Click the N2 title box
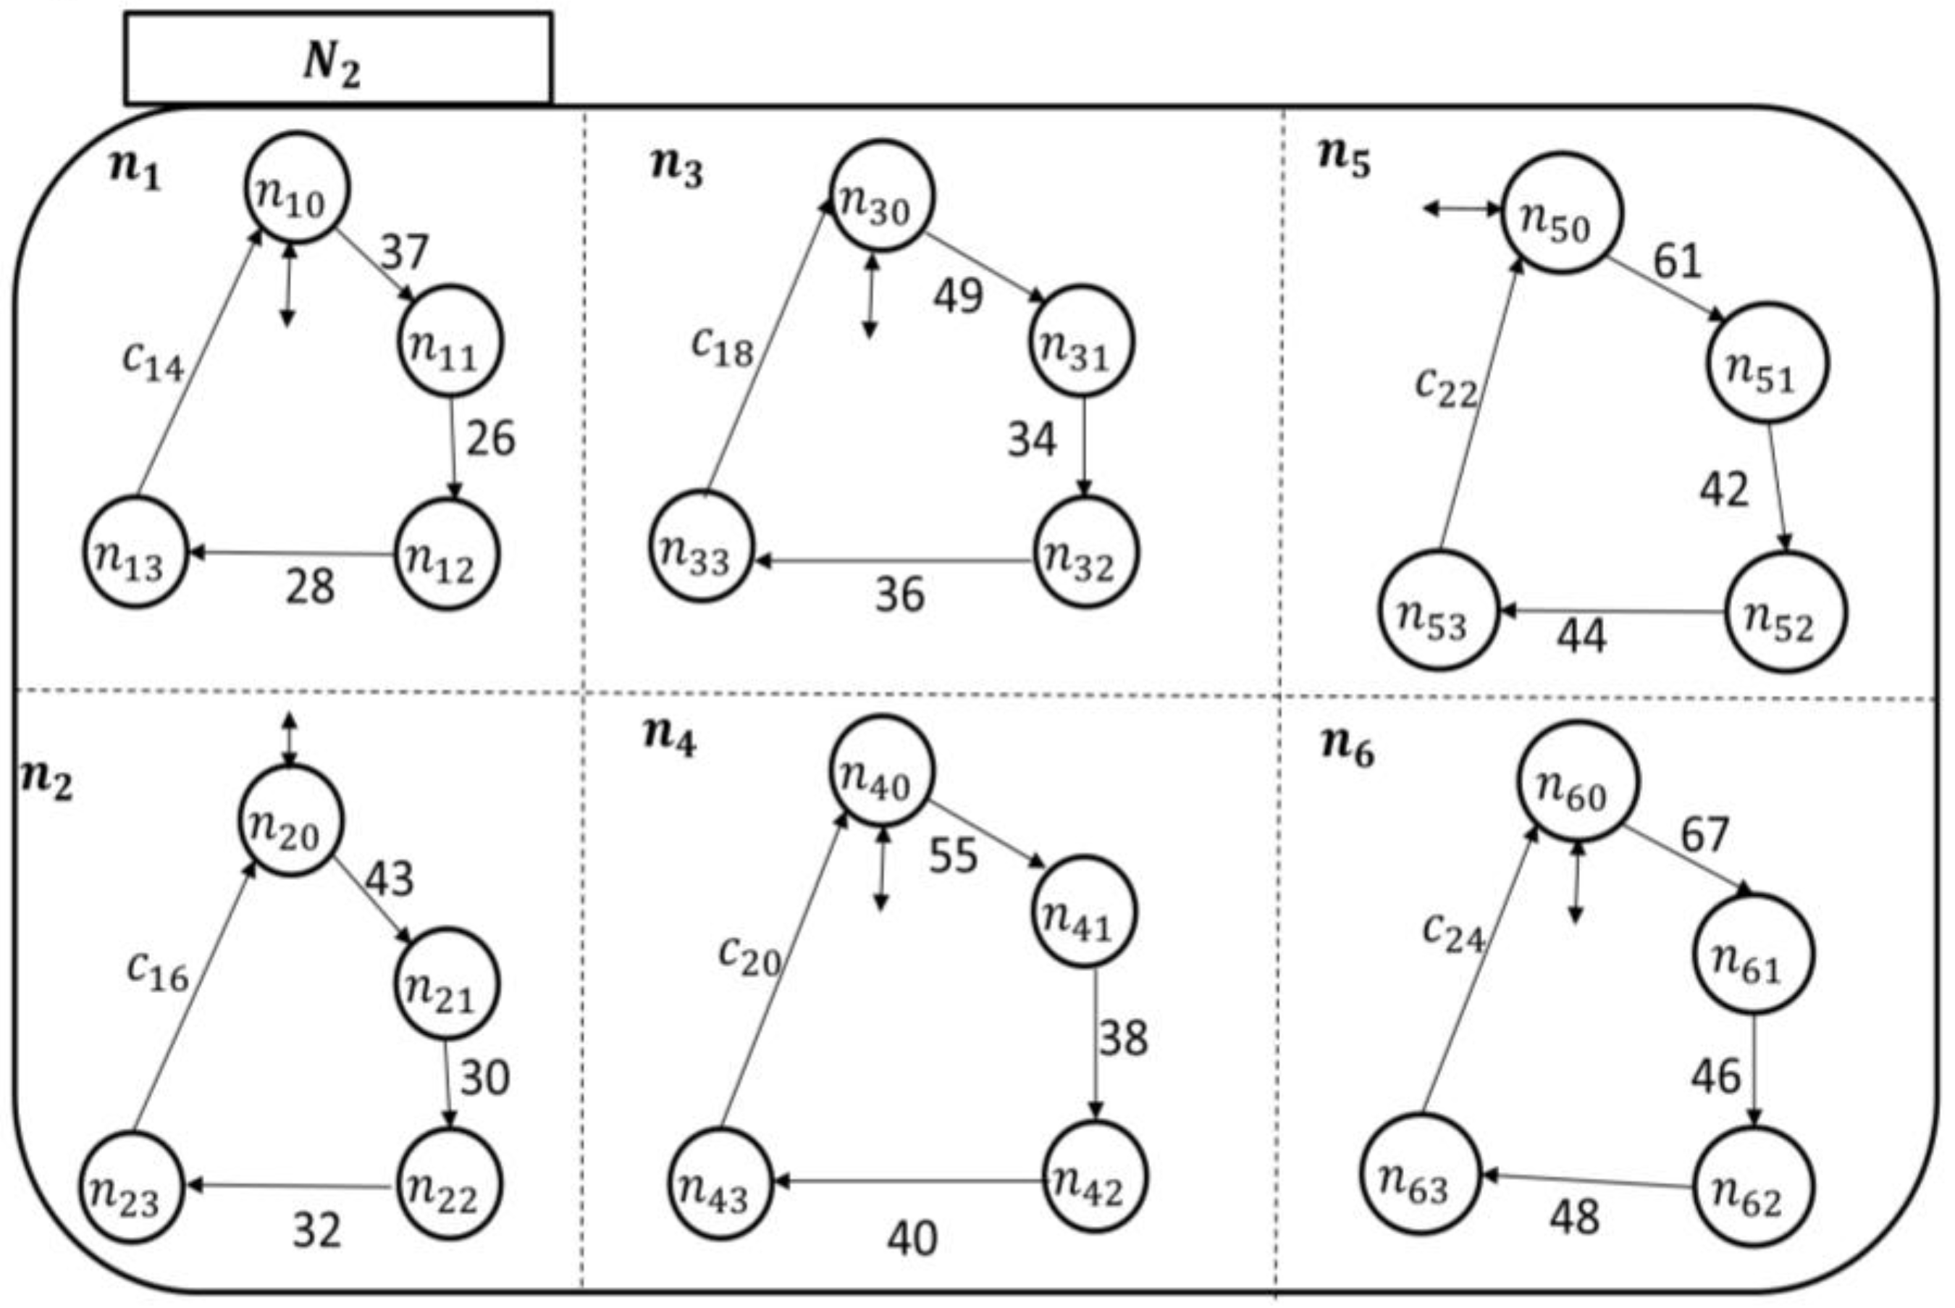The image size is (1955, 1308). [x=338, y=59]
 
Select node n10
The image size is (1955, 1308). [x=296, y=188]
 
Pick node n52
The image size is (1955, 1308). [x=1785, y=612]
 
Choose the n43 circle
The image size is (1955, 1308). [x=720, y=1182]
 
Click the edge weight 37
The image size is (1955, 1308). [x=405, y=251]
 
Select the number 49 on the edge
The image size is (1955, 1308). [x=957, y=295]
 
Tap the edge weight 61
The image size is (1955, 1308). [x=1676, y=261]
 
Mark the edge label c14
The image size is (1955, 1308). [x=153, y=361]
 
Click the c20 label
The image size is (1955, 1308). [x=749, y=957]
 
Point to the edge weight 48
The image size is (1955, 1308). [x=1575, y=1217]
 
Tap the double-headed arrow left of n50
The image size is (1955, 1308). [x=1461, y=209]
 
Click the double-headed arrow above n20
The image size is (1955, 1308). [x=289, y=739]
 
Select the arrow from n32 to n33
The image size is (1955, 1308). [x=893, y=561]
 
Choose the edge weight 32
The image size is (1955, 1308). [x=317, y=1230]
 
